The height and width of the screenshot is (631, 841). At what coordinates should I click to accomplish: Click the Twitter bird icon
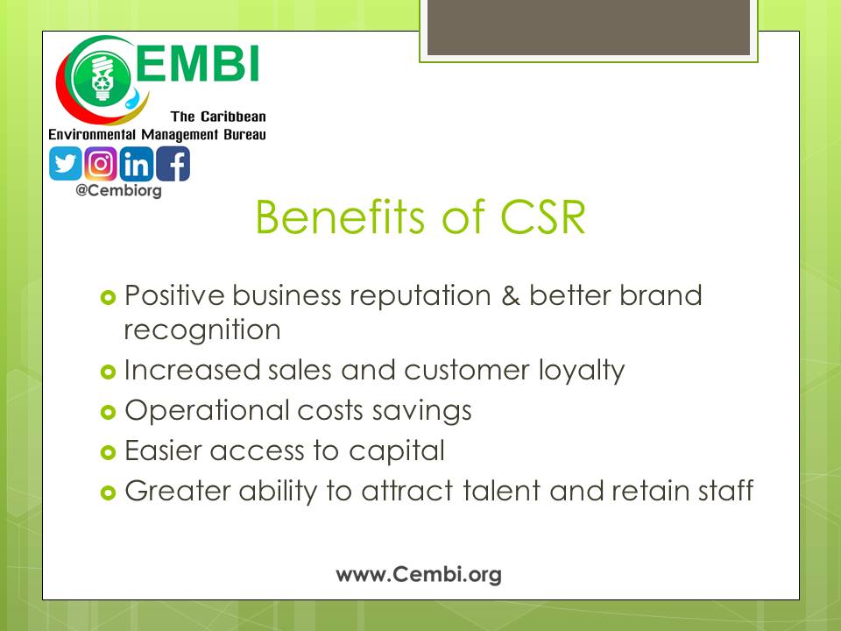click(66, 164)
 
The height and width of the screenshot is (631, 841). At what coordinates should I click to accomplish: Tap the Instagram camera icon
click(100, 164)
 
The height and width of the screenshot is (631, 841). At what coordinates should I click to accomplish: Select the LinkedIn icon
click(137, 164)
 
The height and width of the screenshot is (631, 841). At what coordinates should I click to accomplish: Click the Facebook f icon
click(173, 164)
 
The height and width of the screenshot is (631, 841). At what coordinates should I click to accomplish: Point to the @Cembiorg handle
click(118, 190)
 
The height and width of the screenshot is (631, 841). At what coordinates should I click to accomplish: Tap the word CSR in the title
click(542, 217)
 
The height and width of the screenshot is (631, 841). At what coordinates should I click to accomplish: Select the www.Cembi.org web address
click(419, 575)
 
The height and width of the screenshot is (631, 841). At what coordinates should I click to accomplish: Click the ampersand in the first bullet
click(511, 295)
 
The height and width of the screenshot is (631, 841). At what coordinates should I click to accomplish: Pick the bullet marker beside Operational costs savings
click(108, 412)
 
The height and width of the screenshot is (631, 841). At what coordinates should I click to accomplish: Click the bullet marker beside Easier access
click(108, 452)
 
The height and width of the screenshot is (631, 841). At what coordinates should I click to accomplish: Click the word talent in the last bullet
click(501, 491)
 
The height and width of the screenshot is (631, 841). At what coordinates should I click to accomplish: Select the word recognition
click(202, 330)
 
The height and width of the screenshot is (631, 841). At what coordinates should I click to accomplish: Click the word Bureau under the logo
click(244, 134)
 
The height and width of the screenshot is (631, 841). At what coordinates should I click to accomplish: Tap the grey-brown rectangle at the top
click(589, 27)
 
